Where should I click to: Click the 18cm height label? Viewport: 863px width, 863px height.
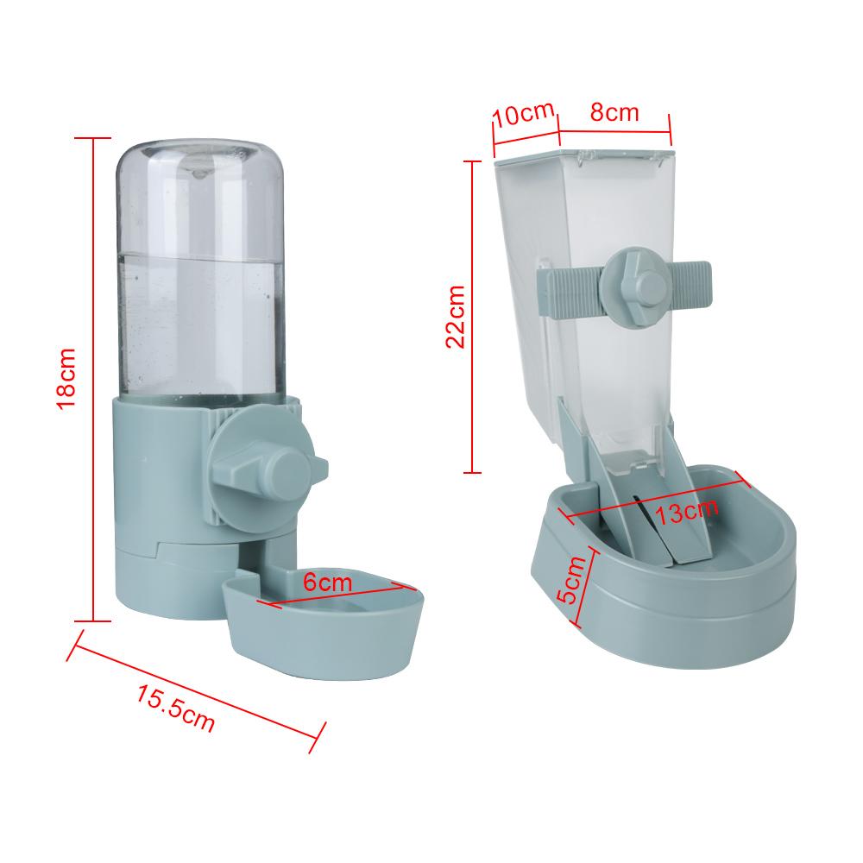tap(66, 378)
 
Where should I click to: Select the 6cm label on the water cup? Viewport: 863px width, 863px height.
tap(328, 583)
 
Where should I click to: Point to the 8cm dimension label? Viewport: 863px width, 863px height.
tap(614, 112)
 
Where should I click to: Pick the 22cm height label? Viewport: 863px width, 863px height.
tap(455, 315)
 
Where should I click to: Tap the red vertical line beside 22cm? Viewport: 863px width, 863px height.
tap(472, 315)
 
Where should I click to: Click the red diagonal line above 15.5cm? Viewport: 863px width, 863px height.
tap(198, 682)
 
